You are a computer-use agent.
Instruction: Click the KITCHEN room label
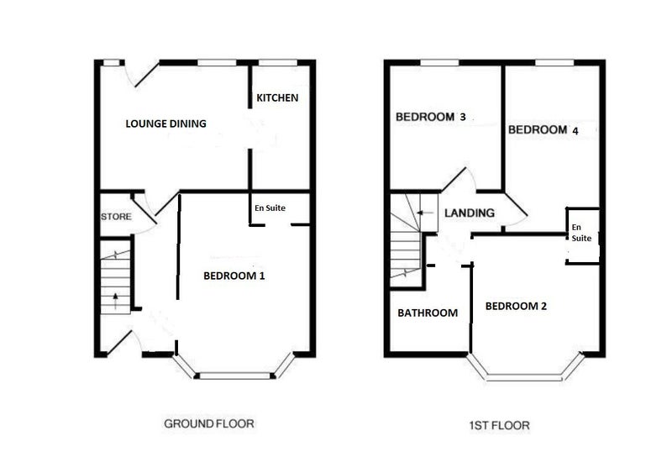(x=277, y=97)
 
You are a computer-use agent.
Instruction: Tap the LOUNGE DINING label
(x=165, y=124)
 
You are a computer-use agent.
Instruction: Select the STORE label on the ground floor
(x=116, y=217)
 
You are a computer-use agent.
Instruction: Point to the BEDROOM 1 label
(x=234, y=276)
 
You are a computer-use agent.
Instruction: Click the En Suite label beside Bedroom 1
(x=270, y=208)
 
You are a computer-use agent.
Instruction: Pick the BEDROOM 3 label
(x=431, y=117)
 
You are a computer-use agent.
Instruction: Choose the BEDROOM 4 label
(x=543, y=130)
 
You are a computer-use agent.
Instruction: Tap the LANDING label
(x=470, y=213)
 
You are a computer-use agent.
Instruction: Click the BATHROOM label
(x=428, y=313)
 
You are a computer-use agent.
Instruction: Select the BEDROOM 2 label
(x=516, y=306)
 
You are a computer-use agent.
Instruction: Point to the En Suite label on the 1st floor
(x=581, y=233)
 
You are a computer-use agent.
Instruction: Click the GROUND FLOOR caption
(x=209, y=423)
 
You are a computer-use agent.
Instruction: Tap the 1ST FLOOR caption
(x=499, y=426)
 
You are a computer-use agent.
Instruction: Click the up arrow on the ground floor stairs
(x=116, y=301)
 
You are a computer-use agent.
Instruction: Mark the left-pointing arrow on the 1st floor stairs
(x=425, y=213)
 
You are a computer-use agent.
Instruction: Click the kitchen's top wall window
(x=278, y=62)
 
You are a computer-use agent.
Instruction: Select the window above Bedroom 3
(x=439, y=62)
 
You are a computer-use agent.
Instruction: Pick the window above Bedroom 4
(x=554, y=62)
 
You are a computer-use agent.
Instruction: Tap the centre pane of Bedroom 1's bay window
(x=235, y=376)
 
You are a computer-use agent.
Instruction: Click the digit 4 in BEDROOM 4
(x=575, y=131)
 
